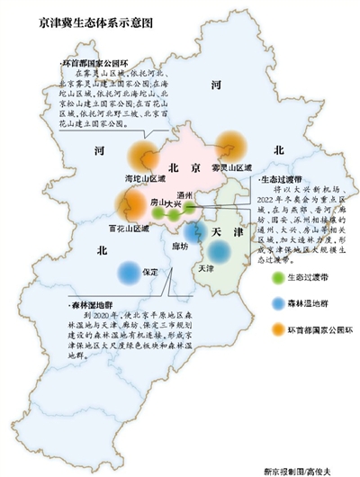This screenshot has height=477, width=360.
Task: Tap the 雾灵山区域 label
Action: coord(230,167)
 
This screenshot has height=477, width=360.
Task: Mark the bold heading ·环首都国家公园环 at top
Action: coord(94,65)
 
